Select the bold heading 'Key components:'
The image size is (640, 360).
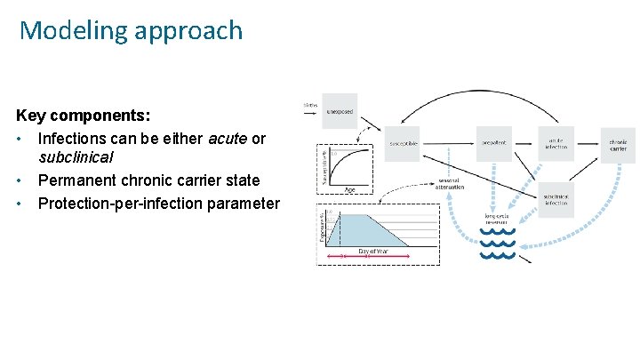click(83, 116)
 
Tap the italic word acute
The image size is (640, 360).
click(228, 139)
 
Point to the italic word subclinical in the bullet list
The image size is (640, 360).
click(76, 157)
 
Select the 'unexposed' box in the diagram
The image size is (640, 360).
click(339, 111)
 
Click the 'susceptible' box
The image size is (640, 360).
click(403, 143)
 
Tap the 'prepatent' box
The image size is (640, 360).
click(494, 143)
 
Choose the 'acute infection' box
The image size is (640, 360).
click(556, 143)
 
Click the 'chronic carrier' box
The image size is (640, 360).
click(618, 143)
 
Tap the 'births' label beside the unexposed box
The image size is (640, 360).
click(309, 106)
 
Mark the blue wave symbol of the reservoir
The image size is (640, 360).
click(498, 244)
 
